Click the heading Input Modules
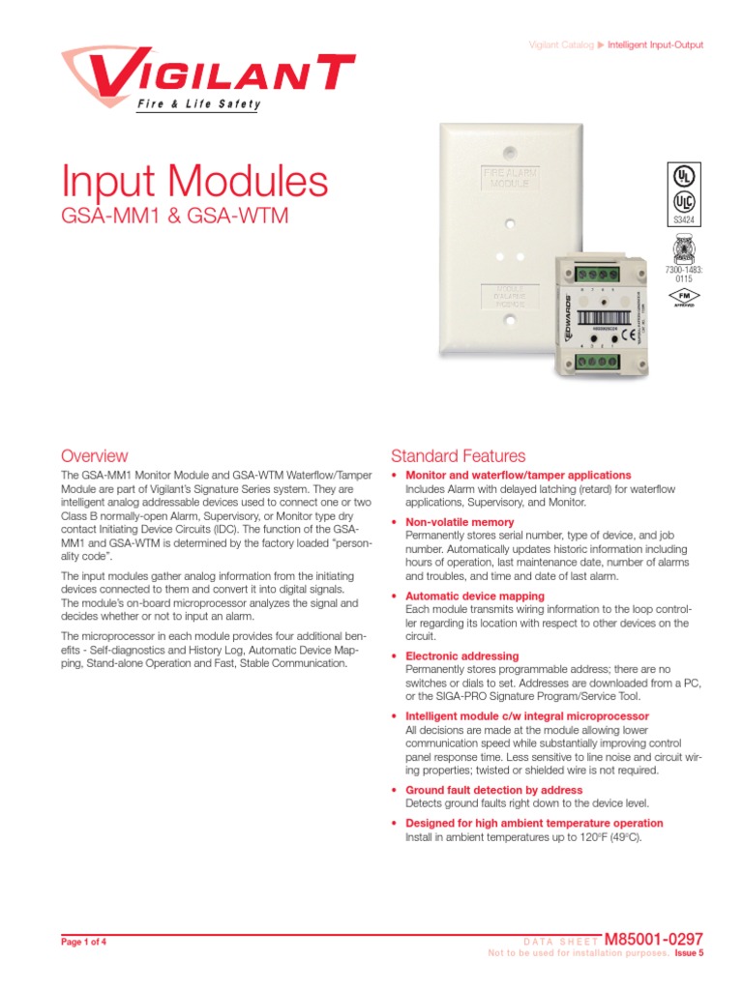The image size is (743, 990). (194, 184)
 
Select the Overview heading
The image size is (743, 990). (94, 455)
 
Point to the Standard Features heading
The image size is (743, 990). (458, 455)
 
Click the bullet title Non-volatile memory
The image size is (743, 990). (460, 522)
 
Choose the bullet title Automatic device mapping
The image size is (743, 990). (474, 597)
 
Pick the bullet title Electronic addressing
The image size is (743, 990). (461, 656)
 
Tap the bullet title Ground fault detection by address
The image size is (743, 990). (493, 790)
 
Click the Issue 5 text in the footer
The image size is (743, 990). (689, 953)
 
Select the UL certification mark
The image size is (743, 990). (683, 179)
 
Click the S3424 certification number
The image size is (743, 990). (683, 220)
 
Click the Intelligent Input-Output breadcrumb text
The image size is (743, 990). (655, 45)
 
